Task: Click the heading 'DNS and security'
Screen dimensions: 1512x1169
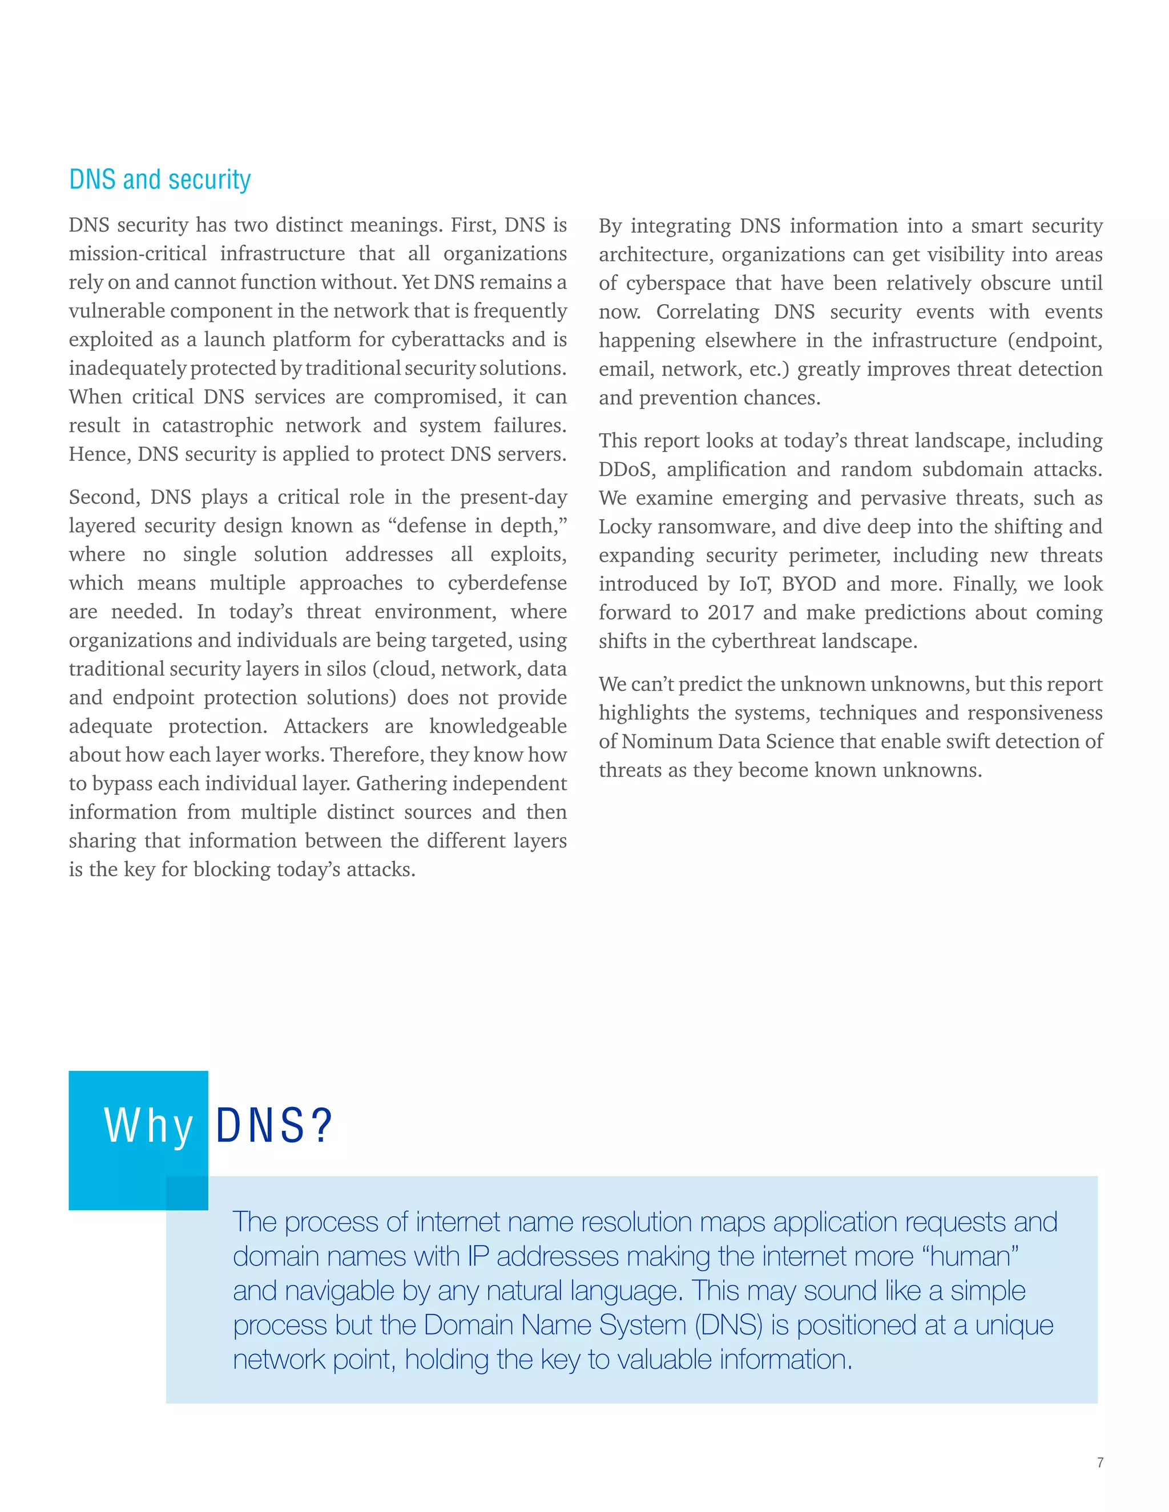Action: tap(159, 179)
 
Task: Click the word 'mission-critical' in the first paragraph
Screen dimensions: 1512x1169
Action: tap(137, 253)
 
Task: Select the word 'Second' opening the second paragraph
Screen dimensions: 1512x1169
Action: tap(103, 497)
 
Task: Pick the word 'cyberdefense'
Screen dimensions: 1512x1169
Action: tap(507, 583)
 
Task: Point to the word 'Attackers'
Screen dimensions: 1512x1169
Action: tap(325, 726)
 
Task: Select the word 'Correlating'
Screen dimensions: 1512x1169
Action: tap(707, 312)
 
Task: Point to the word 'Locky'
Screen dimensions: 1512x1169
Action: tap(624, 527)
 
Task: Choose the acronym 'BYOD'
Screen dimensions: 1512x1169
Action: tap(808, 584)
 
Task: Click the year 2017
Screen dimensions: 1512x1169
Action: tap(730, 613)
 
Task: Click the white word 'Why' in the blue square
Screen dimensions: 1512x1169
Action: tap(148, 1126)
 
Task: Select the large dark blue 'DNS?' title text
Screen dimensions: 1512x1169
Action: tap(274, 1126)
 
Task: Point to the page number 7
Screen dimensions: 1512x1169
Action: tap(1100, 1462)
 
